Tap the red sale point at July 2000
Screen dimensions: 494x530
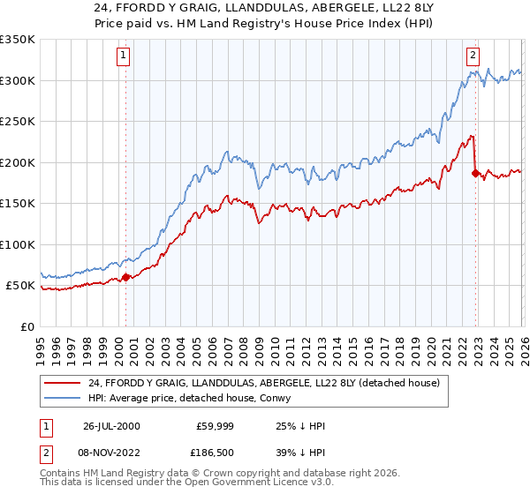click(125, 277)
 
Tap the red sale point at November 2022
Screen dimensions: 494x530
click(476, 174)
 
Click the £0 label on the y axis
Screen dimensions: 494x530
click(26, 326)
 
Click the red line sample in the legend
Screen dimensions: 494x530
click(63, 382)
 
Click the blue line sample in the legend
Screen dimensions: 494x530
click(63, 398)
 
